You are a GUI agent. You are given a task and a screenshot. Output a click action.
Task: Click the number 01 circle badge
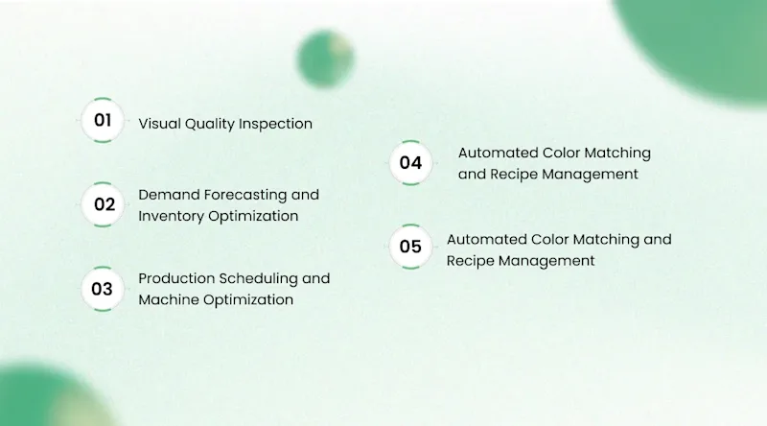(103, 121)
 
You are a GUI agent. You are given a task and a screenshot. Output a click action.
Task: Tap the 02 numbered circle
(103, 204)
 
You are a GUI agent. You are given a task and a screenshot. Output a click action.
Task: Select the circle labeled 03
(103, 289)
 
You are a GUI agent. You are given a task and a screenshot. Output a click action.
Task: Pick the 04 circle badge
(411, 163)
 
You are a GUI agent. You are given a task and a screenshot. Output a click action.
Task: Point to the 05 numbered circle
(411, 247)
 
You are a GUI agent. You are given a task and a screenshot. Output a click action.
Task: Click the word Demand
(169, 195)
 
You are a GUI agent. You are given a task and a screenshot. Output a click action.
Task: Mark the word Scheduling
(258, 279)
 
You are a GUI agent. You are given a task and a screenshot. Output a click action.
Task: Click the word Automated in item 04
(498, 153)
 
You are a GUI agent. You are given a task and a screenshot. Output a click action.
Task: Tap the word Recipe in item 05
(470, 261)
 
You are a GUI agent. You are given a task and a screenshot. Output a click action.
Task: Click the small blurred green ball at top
(325, 59)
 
